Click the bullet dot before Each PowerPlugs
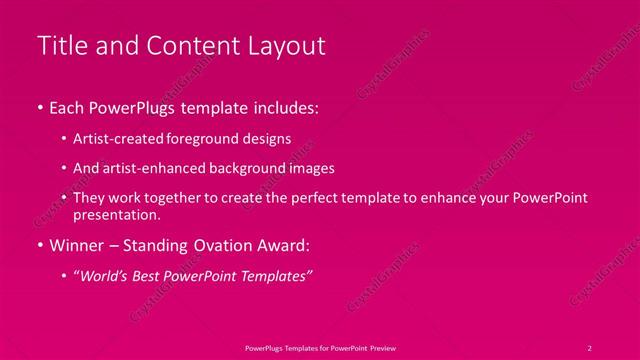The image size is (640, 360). coord(39,105)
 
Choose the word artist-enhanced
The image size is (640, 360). coord(153,168)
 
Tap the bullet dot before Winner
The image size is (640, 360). coord(39,243)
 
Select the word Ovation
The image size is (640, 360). coord(210,243)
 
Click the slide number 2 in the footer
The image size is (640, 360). coord(589,347)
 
